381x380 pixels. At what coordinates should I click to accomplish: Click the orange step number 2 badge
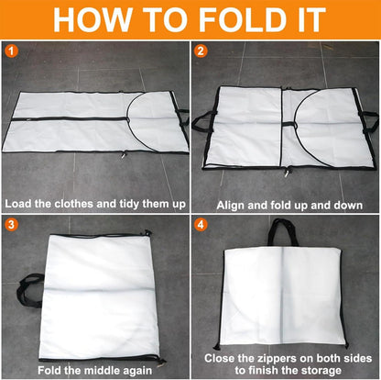pos(201,51)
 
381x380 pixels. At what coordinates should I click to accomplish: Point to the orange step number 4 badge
pos(201,223)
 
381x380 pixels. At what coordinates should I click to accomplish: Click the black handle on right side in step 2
pos(368,119)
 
